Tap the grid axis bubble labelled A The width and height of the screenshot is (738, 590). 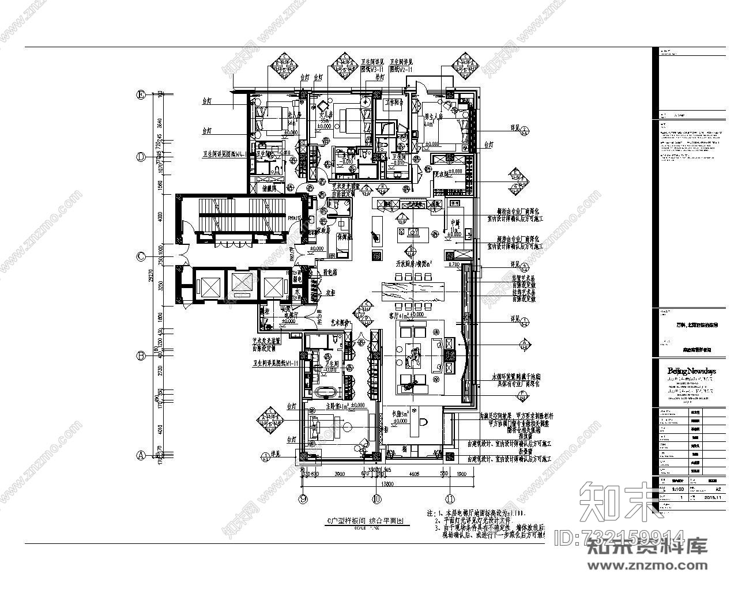tap(140, 455)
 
